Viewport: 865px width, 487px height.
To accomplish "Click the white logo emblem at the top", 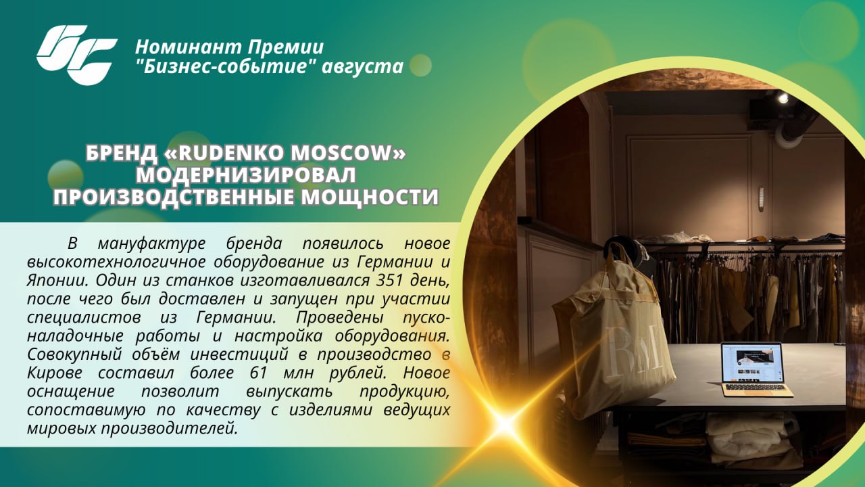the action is [77, 55].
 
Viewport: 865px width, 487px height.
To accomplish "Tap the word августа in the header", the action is [362, 66].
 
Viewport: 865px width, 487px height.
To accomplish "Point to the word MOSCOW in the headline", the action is [341, 153].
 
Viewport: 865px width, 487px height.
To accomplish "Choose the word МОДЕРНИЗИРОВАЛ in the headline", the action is [246, 175].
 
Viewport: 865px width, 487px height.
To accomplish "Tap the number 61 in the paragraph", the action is [259, 373].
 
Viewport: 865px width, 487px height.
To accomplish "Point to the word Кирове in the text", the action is [55, 373].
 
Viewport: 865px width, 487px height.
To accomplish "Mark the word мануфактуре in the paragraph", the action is [152, 243].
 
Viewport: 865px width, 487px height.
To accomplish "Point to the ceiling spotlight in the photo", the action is [783, 98].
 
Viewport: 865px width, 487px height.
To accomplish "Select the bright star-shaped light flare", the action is [504, 424].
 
